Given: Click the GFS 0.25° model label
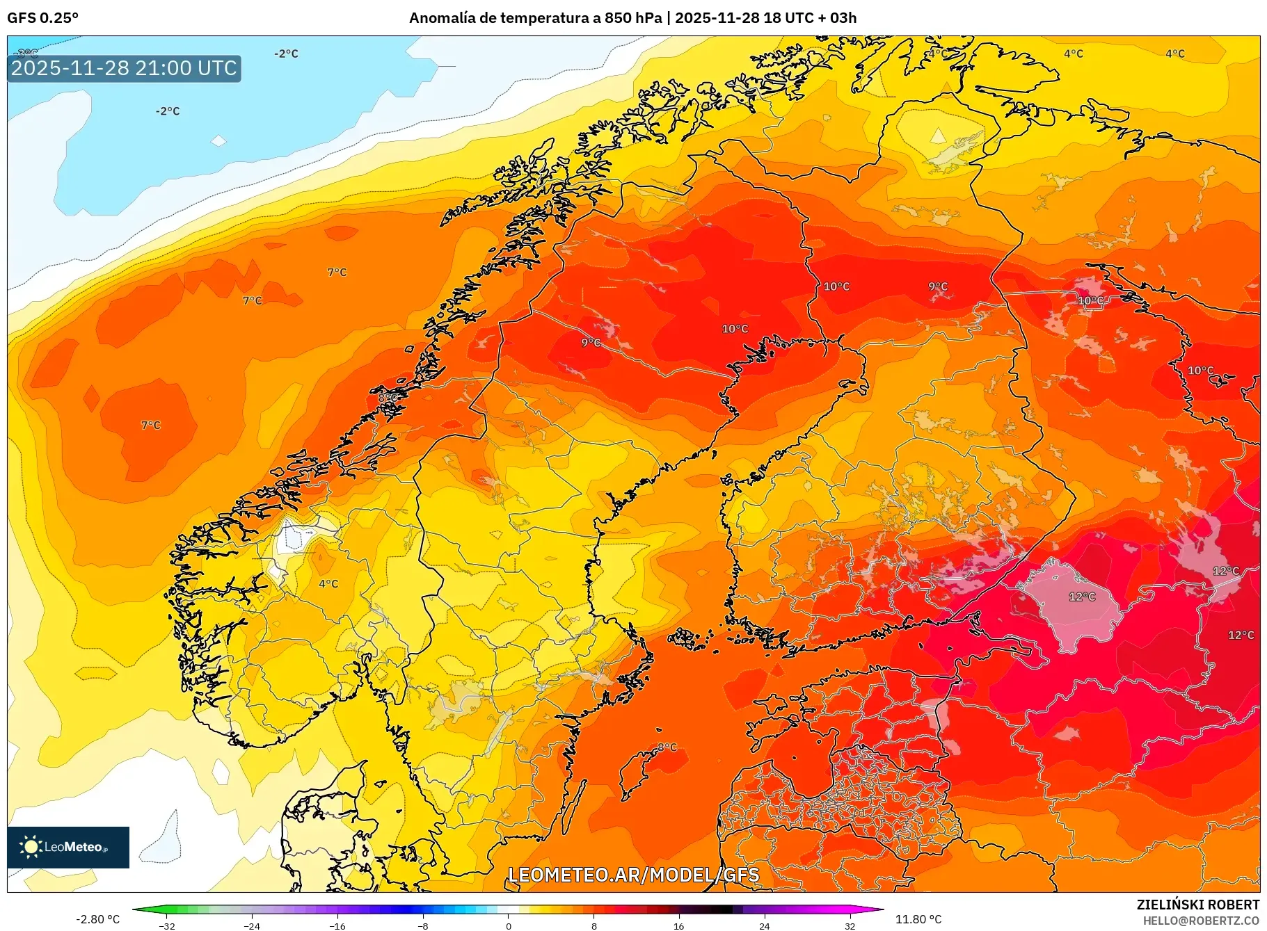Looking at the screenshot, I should click(x=42, y=18).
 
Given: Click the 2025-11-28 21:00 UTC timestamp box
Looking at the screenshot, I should click(x=124, y=68).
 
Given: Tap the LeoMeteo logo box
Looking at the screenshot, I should click(x=68, y=847).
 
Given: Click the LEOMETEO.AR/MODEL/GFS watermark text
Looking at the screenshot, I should click(x=633, y=875).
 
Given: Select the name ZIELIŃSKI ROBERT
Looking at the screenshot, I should click(x=1197, y=905).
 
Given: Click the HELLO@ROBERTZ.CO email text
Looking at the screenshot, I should click(x=1200, y=921).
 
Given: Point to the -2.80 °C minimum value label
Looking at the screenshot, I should click(x=97, y=919).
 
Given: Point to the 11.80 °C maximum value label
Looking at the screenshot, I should click(x=918, y=919).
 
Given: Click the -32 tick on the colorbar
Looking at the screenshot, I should click(x=166, y=926).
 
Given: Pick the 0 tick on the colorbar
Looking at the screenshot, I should click(x=509, y=926).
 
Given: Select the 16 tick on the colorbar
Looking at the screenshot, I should click(x=679, y=926).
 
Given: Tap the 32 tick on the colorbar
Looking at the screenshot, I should click(x=850, y=926).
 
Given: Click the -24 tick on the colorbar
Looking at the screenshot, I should click(x=252, y=926).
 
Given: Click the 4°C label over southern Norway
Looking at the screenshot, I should click(x=328, y=583).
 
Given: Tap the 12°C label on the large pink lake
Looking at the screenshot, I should click(x=1082, y=597).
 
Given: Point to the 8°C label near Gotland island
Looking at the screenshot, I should click(x=667, y=747).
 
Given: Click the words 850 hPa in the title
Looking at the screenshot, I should click(x=633, y=18).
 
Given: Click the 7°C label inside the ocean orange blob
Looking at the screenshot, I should click(x=150, y=425).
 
